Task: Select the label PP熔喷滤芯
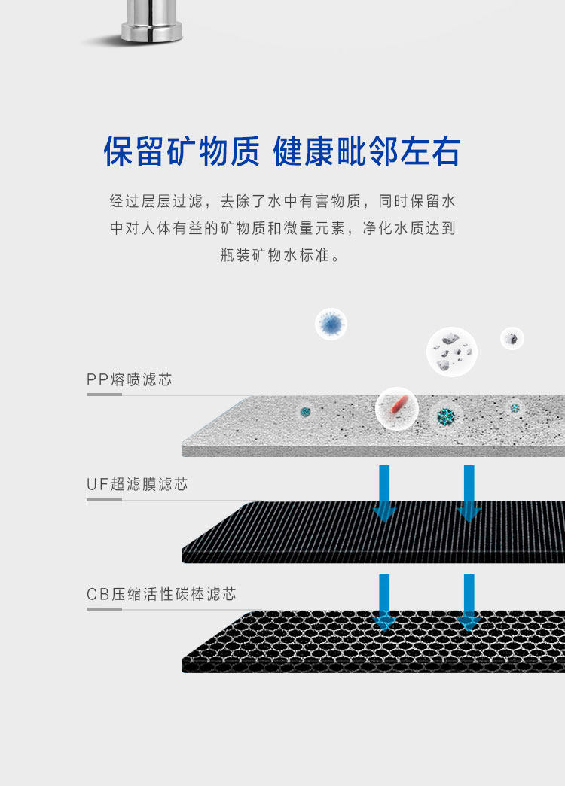pyautogui.click(x=130, y=379)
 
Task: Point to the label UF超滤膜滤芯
pyautogui.click(x=137, y=485)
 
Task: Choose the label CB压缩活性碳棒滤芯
pyautogui.click(x=161, y=594)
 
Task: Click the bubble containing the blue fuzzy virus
pyautogui.click(x=331, y=324)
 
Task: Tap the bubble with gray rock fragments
pyautogui.click(x=452, y=352)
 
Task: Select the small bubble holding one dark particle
pyautogui.click(x=512, y=338)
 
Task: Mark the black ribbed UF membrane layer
pyautogui.click(x=301, y=535)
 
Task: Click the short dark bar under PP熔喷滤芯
pyautogui.click(x=104, y=394)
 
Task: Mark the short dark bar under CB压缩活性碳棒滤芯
pyautogui.click(x=104, y=608)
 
